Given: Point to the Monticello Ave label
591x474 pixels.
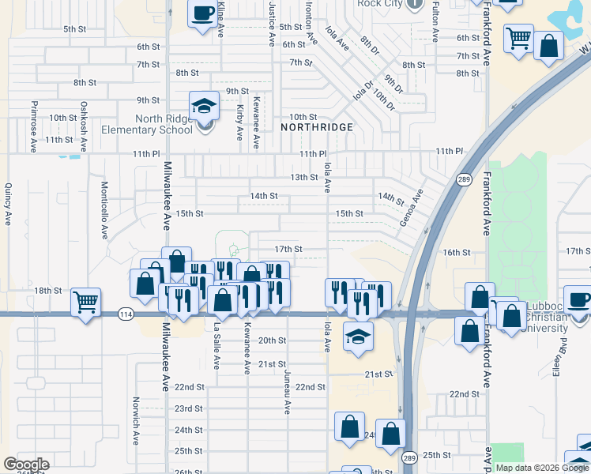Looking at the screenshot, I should [x=104, y=210].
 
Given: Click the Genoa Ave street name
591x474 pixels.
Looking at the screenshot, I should [x=412, y=208].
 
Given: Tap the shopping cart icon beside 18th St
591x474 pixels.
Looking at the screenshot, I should [x=86, y=301].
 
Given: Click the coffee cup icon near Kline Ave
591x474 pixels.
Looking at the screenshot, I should [x=203, y=13].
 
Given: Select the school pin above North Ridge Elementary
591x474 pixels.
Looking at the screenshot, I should [x=204, y=106].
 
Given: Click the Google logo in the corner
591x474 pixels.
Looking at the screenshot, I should [x=26, y=464].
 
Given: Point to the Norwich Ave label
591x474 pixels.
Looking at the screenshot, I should [x=136, y=426].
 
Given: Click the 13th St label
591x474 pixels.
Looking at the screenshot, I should [x=303, y=177].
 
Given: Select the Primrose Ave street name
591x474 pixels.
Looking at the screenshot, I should [x=33, y=121].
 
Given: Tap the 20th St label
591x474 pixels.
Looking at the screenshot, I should [x=273, y=340].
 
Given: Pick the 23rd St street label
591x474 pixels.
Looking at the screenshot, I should [x=189, y=408].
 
